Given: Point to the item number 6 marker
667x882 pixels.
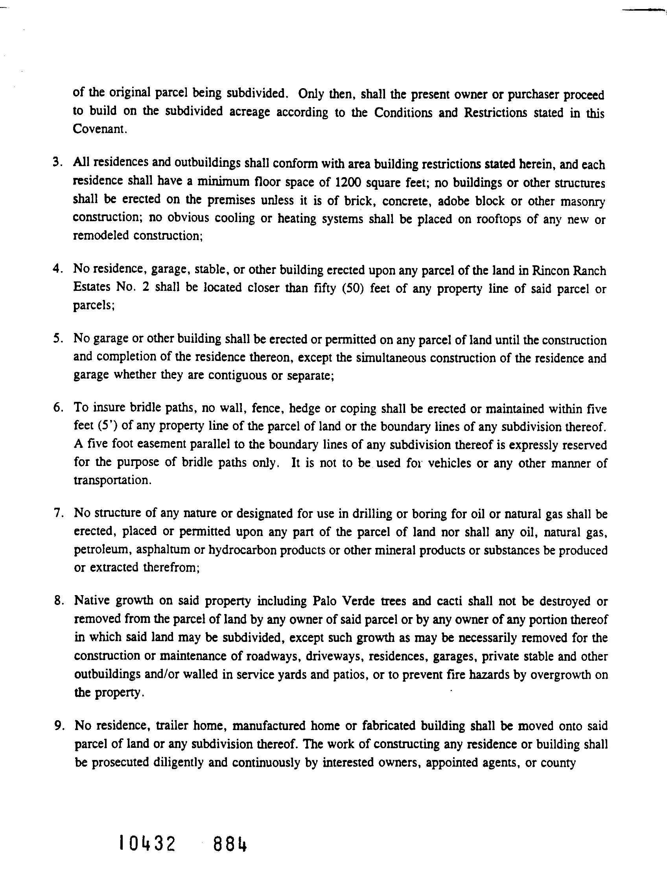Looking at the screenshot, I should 57,408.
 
